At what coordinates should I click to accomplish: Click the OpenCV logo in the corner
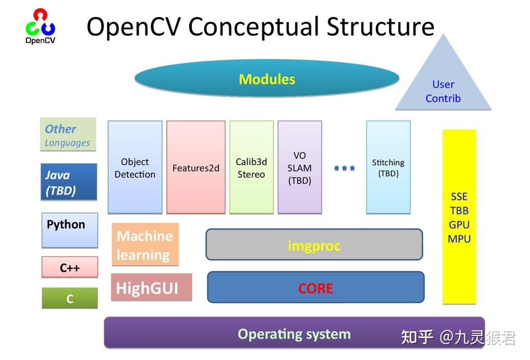(x=40, y=26)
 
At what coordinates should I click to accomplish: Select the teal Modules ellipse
(x=266, y=79)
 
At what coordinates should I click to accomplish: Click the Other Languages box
(x=68, y=135)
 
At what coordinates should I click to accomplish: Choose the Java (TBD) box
(x=69, y=182)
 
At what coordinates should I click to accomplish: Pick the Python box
(x=70, y=230)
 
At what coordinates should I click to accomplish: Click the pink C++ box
(x=70, y=267)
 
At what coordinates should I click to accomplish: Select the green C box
(x=70, y=299)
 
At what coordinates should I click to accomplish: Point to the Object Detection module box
(x=135, y=167)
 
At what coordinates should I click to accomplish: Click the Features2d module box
(x=196, y=167)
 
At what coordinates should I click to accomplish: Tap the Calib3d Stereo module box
(x=251, y=167)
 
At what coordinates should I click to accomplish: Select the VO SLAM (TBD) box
(x=300, y=167)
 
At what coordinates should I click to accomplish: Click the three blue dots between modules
(x=344, y=168)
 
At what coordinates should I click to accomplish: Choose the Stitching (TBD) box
(x=388, y=167)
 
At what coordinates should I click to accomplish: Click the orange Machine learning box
(x=145, y=245)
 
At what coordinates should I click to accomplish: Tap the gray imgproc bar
(x=314, y=245)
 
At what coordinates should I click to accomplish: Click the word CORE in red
(x=315, y=288)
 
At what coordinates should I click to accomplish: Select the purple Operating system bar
(x=294, y=334)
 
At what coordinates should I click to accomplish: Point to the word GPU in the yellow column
(x=459, y=225)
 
